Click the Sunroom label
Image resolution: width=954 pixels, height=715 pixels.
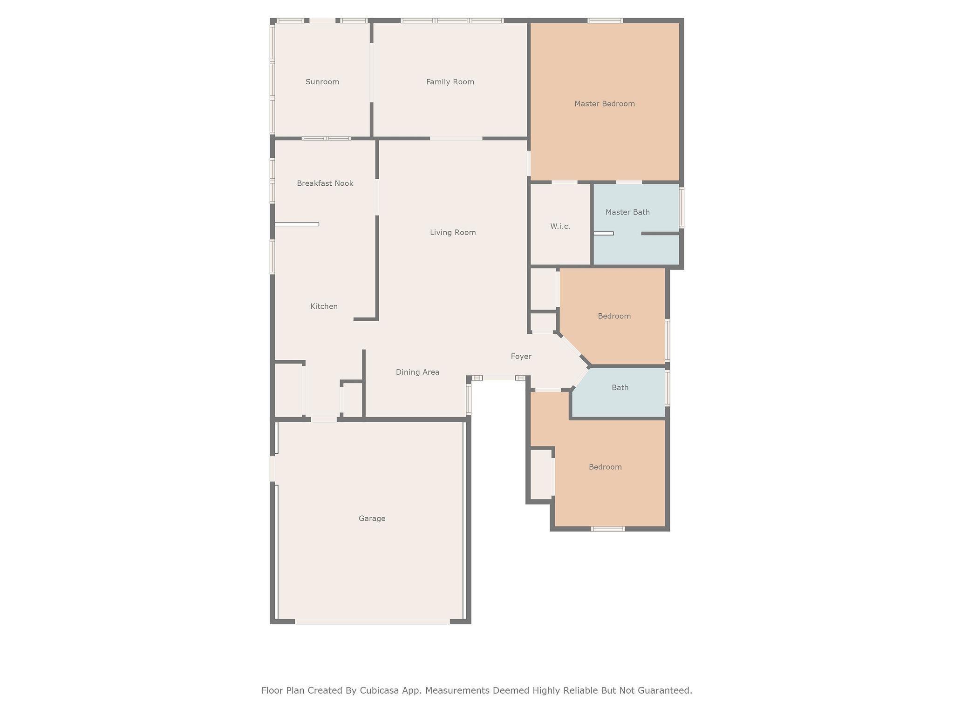coord(322,82)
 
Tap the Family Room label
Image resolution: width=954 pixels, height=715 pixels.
coord(450,82)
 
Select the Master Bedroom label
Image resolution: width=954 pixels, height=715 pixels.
coord(605,104)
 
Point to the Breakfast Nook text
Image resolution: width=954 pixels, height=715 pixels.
coord(325,183)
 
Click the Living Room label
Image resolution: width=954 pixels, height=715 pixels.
coord(453,233)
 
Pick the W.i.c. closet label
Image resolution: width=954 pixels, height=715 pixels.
coord(560,226)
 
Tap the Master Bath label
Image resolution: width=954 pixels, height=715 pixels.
coord(627,212)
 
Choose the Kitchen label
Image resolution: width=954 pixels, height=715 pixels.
coord(324,306)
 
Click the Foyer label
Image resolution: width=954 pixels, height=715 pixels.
coord(521,357)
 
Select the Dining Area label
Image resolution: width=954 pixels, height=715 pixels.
coord(417,372)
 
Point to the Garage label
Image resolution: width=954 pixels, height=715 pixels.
coord(372,519)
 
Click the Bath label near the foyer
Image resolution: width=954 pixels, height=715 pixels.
coord(620,388)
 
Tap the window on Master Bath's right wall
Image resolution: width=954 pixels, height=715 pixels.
coord(681,208)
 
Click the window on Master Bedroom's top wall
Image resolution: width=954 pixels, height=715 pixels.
coord(605,20)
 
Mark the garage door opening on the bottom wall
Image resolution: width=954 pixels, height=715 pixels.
coord(372,621)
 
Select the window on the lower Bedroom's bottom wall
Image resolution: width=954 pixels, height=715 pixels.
coord(608,529)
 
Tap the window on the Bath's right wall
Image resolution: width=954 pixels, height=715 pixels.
coord(668,388)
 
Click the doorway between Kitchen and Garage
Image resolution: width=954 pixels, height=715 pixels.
coord(324,419)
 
